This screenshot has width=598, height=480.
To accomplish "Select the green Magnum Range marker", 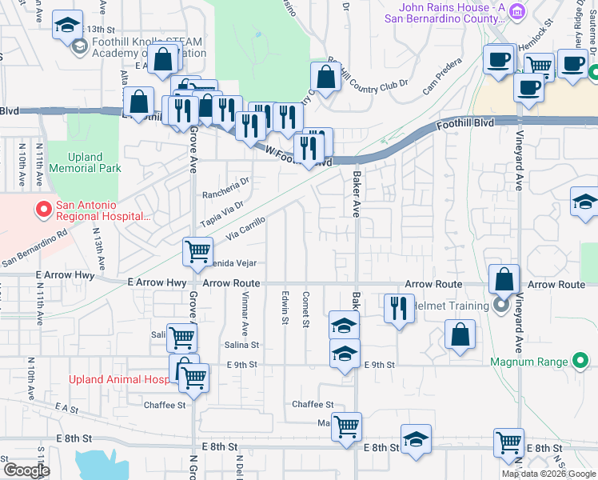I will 581,362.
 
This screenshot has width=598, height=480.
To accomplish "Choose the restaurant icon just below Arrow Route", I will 398,308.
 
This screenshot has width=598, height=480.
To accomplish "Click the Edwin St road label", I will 285,309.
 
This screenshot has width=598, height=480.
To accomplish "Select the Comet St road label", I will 305,309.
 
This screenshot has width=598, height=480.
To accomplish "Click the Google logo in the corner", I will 26,470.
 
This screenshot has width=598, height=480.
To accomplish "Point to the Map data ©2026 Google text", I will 548,474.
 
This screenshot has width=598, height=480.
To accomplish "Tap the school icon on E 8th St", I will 416,438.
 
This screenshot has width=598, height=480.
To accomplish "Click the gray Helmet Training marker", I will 501,305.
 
